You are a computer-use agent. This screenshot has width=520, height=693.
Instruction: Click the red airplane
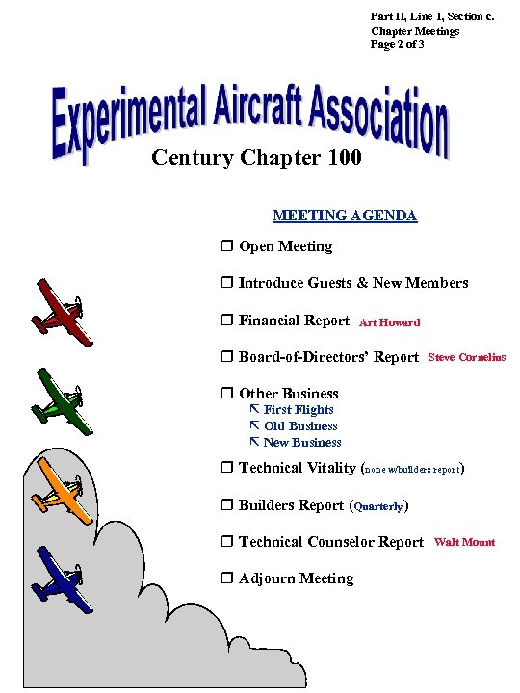tap(63, 313)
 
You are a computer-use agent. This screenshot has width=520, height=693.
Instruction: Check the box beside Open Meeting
tap(227, 247)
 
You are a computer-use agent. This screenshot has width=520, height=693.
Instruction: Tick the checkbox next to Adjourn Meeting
tap(227, 579)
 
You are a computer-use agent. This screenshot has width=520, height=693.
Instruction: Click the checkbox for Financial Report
tap(227, 321)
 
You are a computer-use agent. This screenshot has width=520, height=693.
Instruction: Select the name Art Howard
tap(389, 323)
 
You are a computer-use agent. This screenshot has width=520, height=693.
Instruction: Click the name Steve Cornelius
tap(466, 358)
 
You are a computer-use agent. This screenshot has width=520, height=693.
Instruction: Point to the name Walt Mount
tap(464, 543)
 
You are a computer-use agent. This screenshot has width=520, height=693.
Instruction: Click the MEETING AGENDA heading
tap(345, 216)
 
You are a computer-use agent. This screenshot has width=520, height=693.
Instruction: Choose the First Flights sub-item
tap(299, 410)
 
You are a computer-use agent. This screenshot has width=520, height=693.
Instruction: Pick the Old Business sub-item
tap(300, 426)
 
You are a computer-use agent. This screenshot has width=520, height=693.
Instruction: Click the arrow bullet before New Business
tap(254, 442)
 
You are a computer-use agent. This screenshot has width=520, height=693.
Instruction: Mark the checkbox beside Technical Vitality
tap(227, 469)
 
